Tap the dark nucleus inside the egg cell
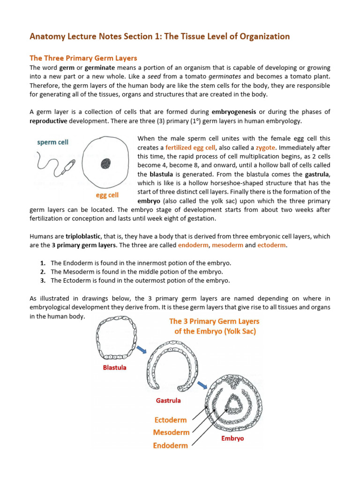pos(105,163)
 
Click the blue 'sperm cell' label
pos(53,142)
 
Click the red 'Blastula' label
pos(115,368)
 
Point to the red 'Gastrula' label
pos(168,401)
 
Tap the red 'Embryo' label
pos(232,439)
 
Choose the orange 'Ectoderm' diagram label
pos(170,420)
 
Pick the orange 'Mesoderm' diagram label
pos(171,433)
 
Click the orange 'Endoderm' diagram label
pos(170,446)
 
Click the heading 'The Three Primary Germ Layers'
pos(83,58)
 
